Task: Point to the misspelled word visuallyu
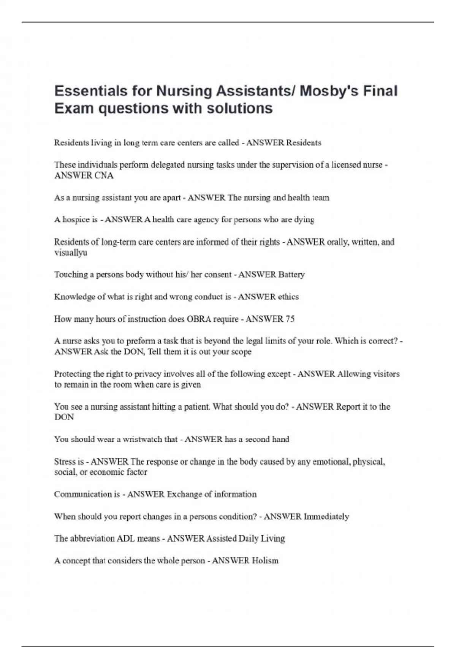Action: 71,253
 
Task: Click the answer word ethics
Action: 288,297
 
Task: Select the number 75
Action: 290,319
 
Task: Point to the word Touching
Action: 71,274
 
